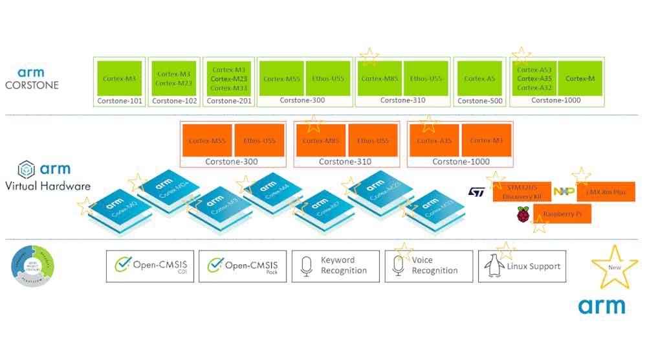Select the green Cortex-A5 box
479,78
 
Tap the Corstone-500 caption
479,101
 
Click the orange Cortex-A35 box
432,140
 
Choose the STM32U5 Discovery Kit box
521,192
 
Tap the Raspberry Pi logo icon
523,214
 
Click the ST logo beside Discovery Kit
477,192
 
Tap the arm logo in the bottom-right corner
601,305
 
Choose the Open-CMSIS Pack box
242,265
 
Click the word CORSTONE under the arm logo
32,85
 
